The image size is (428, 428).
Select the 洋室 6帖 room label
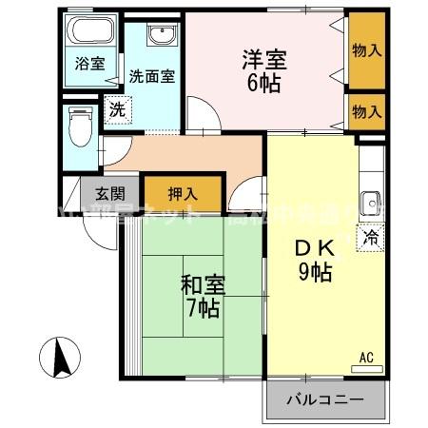263,68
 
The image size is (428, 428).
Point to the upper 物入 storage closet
366,49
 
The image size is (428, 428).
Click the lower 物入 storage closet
366,112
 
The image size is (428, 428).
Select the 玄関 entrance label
95,191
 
